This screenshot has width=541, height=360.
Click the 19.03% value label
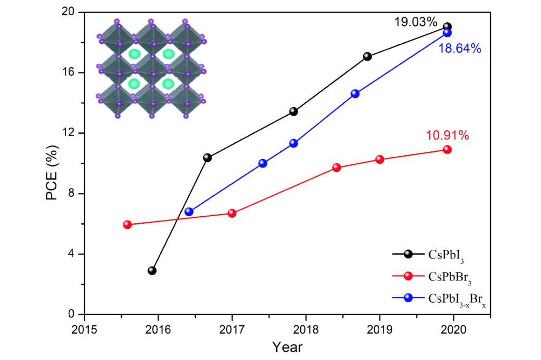point(415,22)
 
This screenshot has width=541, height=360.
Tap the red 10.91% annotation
point(447,135)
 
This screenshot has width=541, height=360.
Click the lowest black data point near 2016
point(152,270)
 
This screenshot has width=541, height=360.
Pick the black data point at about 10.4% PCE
point(207,158)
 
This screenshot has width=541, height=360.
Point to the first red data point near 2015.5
point(128,225)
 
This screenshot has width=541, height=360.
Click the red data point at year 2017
point(232,213)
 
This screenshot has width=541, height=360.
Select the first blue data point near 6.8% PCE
point(189,211)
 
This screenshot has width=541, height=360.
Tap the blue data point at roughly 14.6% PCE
point(355,94)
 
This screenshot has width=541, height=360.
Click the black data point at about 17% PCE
point(367,56)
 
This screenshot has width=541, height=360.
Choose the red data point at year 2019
point(380,159)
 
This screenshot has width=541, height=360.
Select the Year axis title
point(287,346)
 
